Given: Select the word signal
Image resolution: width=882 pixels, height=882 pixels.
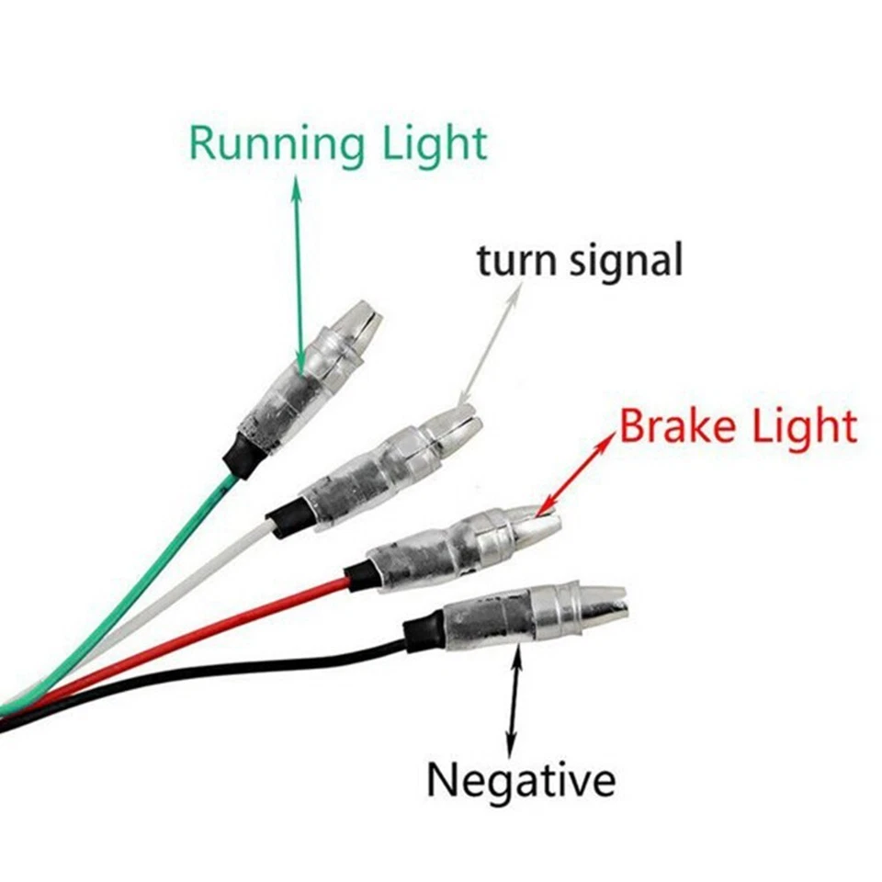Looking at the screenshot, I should (x=625, y=263).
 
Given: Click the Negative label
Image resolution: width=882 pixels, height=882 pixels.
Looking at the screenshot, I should (x=520, y=782).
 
